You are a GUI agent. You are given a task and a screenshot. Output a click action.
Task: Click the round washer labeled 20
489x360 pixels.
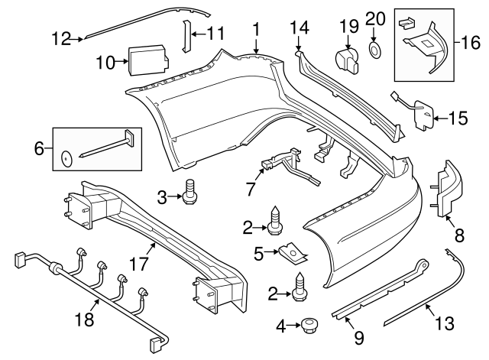(376, 51)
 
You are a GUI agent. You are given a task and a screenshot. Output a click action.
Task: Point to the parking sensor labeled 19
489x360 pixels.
(348, 58)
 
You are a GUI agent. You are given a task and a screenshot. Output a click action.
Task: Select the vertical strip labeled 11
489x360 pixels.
(185, 34)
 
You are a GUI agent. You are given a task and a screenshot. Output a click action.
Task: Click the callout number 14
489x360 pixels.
(299, 28)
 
